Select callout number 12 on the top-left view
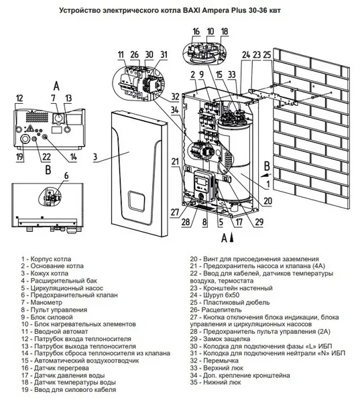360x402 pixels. pos(19,98)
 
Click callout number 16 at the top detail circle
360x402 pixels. pos(196,31)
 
